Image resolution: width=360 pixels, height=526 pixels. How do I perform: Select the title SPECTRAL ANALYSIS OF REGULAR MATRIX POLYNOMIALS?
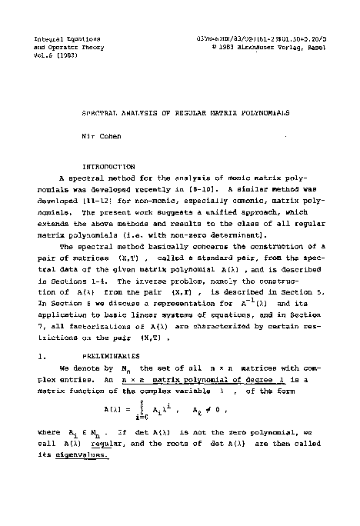pos(185,112)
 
